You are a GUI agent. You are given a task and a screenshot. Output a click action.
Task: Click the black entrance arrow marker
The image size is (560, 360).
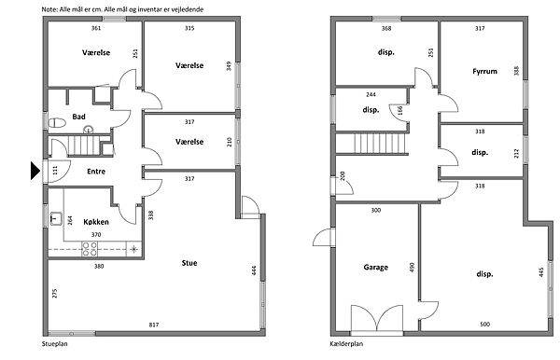[35, 171]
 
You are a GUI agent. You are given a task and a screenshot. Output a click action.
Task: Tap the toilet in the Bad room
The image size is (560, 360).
[57, 123]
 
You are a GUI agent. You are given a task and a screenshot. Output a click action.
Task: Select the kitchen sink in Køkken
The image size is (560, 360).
[56, 218]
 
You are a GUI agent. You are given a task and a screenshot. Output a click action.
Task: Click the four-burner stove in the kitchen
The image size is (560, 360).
[90, 249]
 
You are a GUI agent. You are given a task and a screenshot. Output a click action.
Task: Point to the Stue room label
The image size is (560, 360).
[189, 263]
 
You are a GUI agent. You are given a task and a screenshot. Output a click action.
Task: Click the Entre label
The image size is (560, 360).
[96, 172]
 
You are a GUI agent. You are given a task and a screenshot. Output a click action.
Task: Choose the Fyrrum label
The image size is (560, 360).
[484, 71]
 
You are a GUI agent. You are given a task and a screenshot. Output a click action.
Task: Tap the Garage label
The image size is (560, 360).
[376, 268]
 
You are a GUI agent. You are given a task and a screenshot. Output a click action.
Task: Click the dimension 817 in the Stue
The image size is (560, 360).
[154, 325]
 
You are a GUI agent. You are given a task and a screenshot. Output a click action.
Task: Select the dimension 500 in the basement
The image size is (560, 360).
[485, 325]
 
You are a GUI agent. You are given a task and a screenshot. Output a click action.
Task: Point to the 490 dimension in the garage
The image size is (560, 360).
[412, 268]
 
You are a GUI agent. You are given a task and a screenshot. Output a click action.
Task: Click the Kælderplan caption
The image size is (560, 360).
[346, 344]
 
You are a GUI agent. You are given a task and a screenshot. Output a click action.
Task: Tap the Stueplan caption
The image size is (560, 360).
[55, 344]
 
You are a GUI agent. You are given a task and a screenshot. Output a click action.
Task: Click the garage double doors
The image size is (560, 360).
[377, 319]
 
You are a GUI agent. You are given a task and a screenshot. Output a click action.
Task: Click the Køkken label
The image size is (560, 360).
[96, 222]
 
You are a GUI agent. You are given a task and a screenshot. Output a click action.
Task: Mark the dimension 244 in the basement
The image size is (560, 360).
[371, 94]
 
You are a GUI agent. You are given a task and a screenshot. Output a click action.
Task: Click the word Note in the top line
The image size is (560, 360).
[49, 9]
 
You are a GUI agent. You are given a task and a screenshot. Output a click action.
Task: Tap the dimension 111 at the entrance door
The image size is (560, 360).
[55, 170]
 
